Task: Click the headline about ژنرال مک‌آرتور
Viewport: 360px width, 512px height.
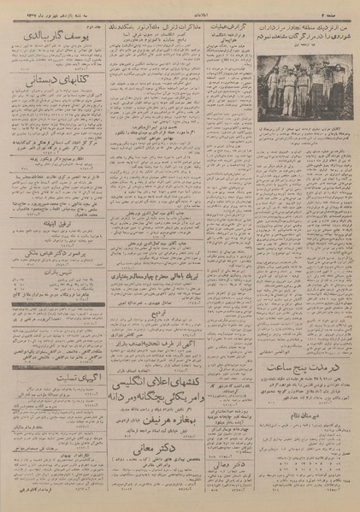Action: pyautogui.click(x=152, y=23)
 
